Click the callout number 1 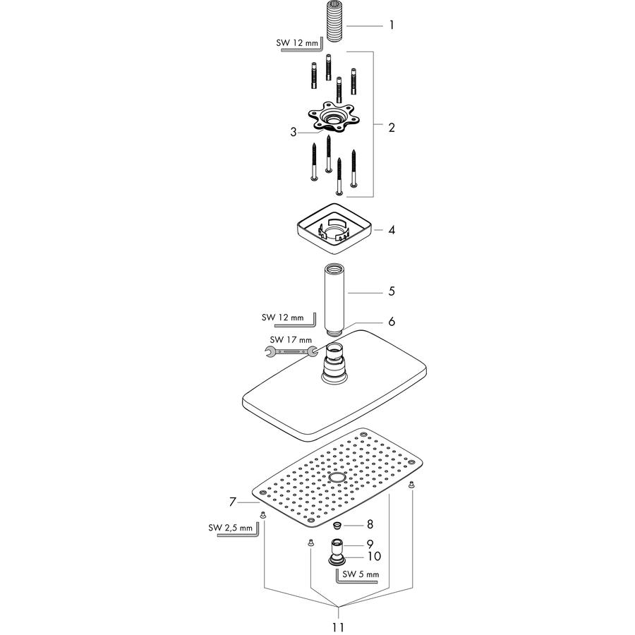(391, 25)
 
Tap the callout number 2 (391, 128)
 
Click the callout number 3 (294, 132)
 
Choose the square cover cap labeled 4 (334, 229)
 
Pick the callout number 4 (391, 230)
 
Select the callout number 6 (391, 322)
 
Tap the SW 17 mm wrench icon (291, 352)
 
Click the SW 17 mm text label (291, 339)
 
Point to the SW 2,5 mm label (230, 528)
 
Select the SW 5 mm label (361, 574)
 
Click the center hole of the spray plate (336, 478)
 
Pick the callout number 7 (232, 502)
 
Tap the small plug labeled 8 (337, 526)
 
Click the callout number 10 (374, 556)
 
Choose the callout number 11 (338, 627)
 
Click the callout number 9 (370, 544)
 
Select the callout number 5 (391, 291)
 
